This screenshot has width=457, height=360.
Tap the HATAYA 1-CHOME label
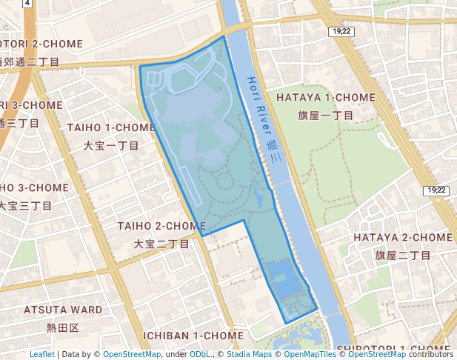(326, 98)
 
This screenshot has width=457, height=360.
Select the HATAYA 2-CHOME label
(402, 237)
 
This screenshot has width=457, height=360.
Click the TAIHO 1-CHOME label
(111, 127)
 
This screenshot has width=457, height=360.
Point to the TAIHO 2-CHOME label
(161, 225)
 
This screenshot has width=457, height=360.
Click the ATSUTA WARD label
(63, 309)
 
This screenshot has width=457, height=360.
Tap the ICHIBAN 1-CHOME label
(193, 336)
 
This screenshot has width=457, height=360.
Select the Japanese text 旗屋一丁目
(326, 116)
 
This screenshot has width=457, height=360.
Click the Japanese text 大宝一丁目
(111, 146)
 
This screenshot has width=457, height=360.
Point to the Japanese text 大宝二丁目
(161, 244)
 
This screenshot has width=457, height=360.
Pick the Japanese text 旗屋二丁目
(402, 256)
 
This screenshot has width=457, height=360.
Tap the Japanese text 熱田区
(63, 327)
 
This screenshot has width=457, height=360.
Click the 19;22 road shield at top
(341, 31)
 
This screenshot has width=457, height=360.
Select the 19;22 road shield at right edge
(437, 190)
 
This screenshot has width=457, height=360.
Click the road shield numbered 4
(27, 3)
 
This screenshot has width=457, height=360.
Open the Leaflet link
(41, 354)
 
